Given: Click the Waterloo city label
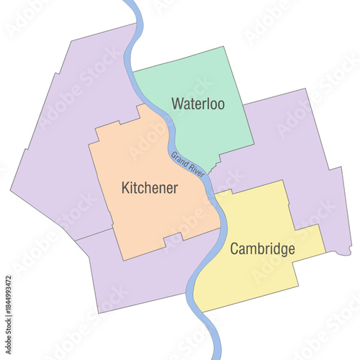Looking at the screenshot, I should [x=198, y=104].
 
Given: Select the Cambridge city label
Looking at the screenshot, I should [x=263, y=249].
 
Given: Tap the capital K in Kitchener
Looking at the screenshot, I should [x=126, y=189].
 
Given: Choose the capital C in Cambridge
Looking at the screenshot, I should [x=235, y=249].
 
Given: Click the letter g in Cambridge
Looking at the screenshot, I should [x=289, y=251].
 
